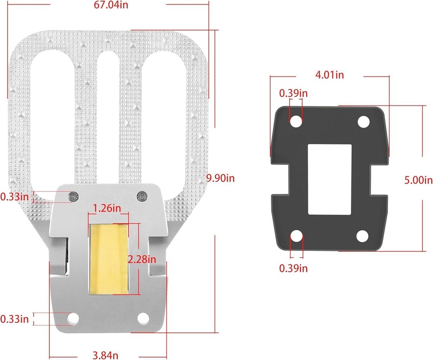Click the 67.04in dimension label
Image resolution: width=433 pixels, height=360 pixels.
(x=111, y=5)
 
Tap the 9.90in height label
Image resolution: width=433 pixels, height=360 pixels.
(x=221, y=178)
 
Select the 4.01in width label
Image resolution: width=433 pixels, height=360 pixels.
(x=330, y=75)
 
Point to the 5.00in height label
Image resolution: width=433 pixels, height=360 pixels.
(x=419, y=180)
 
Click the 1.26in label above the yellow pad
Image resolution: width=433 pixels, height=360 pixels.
(x=107, y=208)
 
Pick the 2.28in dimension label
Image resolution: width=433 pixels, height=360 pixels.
(x=142, y=259)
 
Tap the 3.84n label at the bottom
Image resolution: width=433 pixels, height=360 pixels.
(x=105, y=355)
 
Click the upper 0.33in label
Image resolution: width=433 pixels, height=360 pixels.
(x=14, y=197)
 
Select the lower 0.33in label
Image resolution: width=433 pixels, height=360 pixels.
(x=14, y=319)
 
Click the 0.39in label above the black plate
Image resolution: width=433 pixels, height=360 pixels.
(x=293, y=93)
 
